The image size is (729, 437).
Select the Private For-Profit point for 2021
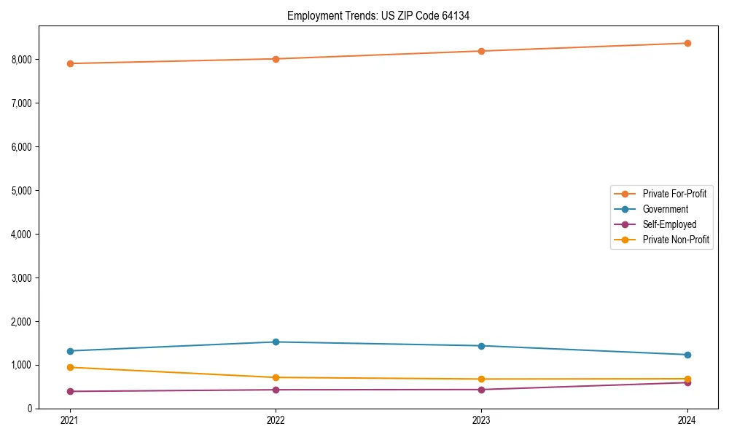[x=70, y=63]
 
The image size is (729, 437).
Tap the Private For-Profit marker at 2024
[x=687, y=43]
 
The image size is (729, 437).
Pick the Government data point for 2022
[x=276, y=342]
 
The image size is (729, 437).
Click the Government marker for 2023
[x=481, y=346]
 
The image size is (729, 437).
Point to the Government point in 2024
[x=687, y=355]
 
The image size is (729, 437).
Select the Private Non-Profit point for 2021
[x=70, y=367]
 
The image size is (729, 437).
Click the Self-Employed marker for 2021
[x=70, y=391]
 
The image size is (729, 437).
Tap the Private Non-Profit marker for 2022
[x=276, y=377]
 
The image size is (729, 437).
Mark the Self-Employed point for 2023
[x=481, y=390]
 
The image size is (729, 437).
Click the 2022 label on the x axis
[x=276, y=420]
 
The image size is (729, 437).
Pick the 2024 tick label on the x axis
[x=687, y=420]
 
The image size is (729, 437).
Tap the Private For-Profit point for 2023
[x=481, y=51]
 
